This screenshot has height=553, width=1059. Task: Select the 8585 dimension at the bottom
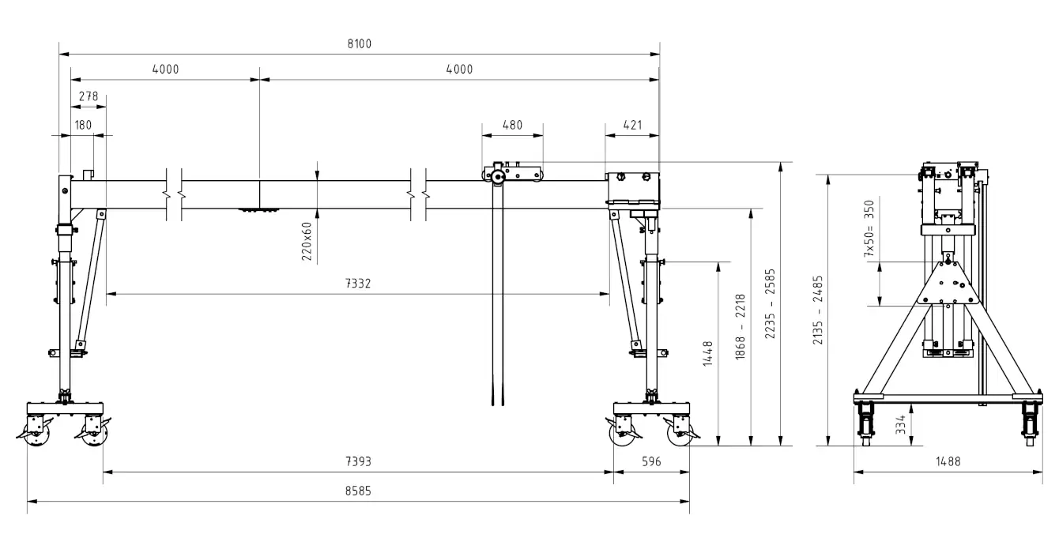point(359,490)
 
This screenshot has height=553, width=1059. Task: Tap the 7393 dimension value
point(359,461)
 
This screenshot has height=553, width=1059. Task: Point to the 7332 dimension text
point(359,283)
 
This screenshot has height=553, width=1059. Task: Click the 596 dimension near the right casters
point(650,461)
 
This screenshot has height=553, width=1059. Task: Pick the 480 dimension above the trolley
point(513,125)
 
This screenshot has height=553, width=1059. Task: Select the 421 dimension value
point(632,125)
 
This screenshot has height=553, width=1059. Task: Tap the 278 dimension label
point(88,96)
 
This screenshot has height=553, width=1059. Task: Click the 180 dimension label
point(83,125)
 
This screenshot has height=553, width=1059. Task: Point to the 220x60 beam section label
point(307,241)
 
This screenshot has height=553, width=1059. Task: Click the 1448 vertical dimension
point(707,354)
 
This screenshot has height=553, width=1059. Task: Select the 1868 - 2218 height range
point(741,328)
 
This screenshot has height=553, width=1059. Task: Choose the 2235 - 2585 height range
point(771,304)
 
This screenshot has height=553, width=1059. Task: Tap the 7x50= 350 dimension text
point(870,229)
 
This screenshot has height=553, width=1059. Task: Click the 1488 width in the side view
point(947,461)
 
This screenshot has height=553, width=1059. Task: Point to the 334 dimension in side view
point(901,425)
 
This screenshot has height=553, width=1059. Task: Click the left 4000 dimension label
point(165,70)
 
